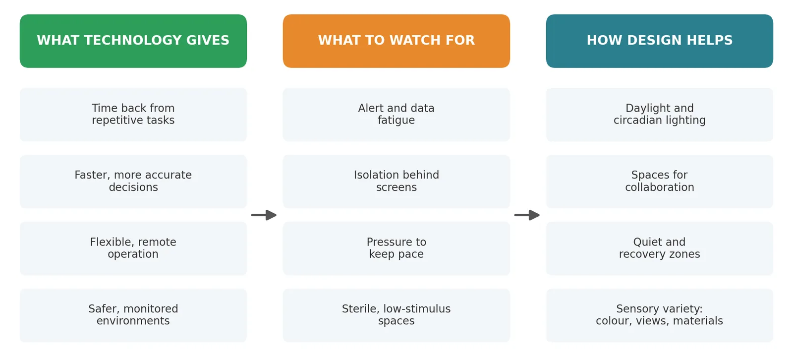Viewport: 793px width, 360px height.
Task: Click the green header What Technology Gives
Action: [133, 41]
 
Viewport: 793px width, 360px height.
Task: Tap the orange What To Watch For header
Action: [396, 41]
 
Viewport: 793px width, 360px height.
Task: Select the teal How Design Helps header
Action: [660, 41]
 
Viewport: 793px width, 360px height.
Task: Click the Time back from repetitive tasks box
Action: [133, 115]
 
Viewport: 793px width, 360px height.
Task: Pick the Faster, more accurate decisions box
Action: [133, 181]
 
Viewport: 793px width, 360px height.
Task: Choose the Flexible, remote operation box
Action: [133, 248]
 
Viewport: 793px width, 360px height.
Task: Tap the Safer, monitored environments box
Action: [133, 315]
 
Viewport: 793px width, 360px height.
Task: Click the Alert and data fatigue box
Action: [396, 115]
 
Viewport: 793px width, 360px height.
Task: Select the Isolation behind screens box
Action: [396, 181]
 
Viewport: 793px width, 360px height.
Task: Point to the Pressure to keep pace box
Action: [396, 248]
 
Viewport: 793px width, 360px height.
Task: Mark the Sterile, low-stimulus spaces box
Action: [396, 315]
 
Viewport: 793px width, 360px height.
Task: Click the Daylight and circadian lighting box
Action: [660, 115]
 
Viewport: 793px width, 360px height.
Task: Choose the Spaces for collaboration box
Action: [660, 181]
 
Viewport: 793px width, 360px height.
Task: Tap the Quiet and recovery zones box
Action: [660, 248]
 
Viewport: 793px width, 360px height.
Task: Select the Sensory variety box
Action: [660, 315]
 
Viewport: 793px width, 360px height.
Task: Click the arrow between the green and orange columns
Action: [264, 215]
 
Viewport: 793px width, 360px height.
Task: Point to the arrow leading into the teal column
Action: [527, 215]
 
